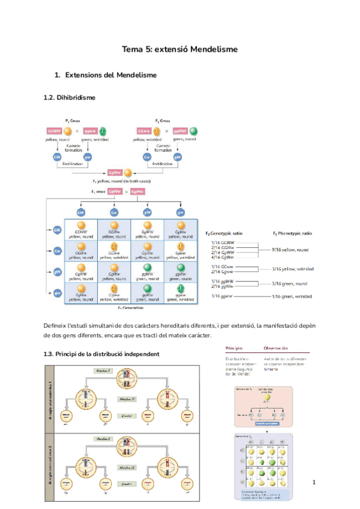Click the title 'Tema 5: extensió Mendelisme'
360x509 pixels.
180,49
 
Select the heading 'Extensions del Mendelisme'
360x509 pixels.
110,75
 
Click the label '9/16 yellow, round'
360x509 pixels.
291,249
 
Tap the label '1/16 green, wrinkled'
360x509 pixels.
291,297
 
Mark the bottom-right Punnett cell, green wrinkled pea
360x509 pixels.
179,292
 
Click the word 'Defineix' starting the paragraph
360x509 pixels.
55,325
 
